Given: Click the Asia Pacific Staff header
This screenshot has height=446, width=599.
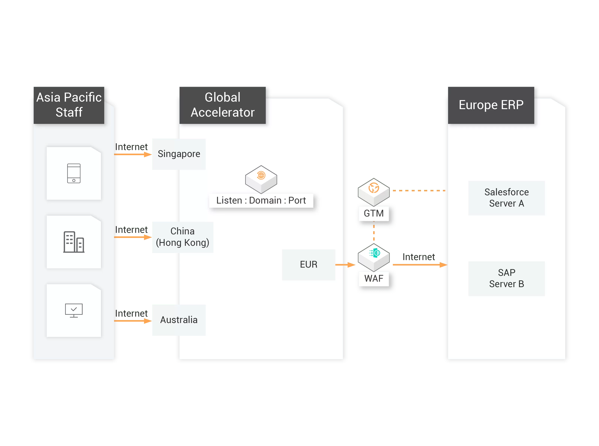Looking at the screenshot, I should point(69,105).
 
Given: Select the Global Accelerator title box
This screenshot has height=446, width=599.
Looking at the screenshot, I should point(222,105).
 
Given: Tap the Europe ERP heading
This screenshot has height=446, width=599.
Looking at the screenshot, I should point(491,105).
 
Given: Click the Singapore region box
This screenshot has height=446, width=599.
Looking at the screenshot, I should point(179,154).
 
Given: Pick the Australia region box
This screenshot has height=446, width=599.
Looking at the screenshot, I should point(179,320).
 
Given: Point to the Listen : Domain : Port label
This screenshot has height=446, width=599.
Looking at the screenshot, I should point(261,201).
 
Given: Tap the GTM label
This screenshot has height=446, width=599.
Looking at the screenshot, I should point(374,213).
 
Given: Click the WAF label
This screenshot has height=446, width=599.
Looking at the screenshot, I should point(374,278).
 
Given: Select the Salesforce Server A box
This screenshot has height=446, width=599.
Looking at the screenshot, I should point(506,198).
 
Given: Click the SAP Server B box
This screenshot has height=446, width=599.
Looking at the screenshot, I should point(506,278).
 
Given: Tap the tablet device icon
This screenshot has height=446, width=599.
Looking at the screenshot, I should point(74,173).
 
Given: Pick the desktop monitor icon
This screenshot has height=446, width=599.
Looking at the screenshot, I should point(74,310).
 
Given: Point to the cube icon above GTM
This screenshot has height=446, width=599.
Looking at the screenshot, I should point(374,189).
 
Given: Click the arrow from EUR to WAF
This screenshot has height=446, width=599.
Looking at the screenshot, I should point(346,265).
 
